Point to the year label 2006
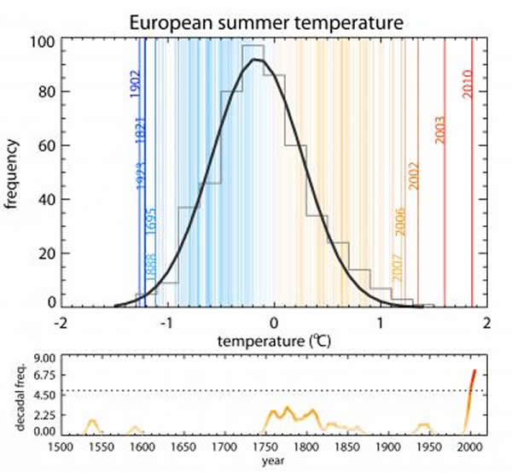[399, 223]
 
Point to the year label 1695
[149, 221]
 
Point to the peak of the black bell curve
[255, 60]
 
